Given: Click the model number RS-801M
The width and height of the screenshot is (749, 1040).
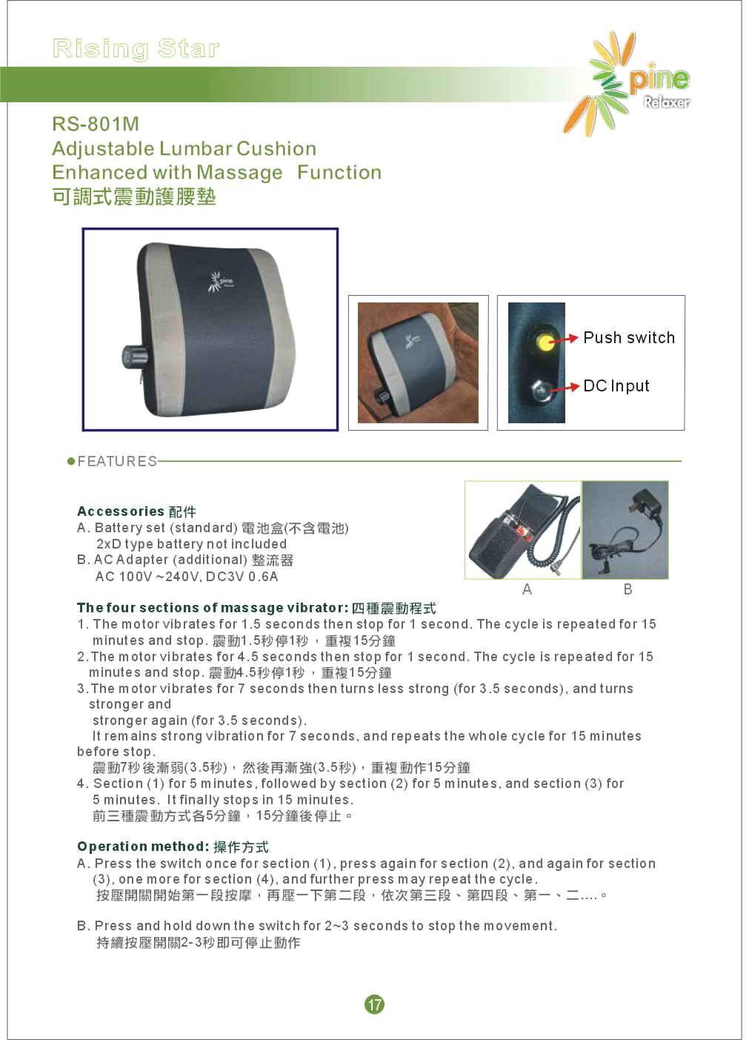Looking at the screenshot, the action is coord(96,124).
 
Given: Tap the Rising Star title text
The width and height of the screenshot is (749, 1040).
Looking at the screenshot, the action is coord(136,49).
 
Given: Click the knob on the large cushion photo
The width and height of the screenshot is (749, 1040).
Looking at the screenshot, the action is coord(135,356).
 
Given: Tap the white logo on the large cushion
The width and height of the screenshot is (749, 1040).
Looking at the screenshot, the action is coord(221,281).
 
